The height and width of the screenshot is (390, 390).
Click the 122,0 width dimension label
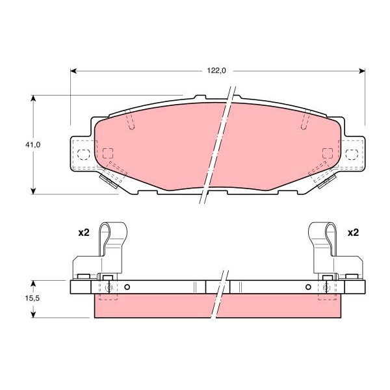tap(216, 71)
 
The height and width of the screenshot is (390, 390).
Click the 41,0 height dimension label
tap(32, 145)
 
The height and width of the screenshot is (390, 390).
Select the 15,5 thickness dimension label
tap(32, 298)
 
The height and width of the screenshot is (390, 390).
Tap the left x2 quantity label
tap(84, 233)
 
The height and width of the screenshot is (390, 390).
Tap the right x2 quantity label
tap(353, 233)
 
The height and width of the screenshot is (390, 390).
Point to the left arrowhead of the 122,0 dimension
tap(73, 71)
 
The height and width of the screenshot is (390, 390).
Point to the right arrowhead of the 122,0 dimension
tap(362, 71)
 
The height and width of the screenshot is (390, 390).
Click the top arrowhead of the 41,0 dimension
tap(33, 98)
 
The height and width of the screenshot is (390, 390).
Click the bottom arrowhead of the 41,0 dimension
tap(33, 191)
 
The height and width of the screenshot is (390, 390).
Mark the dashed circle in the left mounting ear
tap(84, 155)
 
